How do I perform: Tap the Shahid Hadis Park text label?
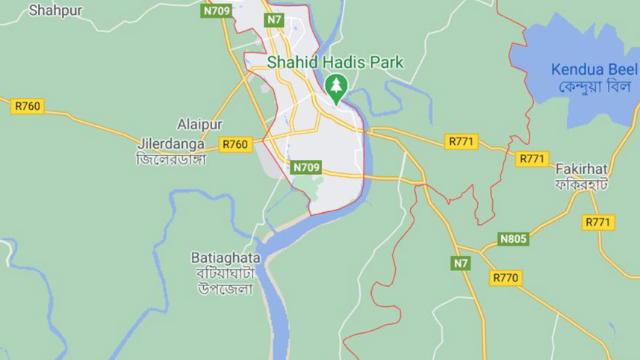(335, 63)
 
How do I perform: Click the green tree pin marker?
(336, 87)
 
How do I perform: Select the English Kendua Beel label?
(588, 69)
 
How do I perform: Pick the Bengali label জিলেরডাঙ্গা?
(170, 158)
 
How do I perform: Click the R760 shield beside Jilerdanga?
(235, 144)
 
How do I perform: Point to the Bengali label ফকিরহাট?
(582, 183)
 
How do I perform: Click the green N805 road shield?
(513, 239)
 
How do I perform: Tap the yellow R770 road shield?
(506, 277)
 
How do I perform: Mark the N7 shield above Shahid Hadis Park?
(275, 19)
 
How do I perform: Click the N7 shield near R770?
(461, 263)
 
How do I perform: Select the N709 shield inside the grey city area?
(307, 167)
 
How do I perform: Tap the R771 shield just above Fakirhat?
(532, 158)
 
